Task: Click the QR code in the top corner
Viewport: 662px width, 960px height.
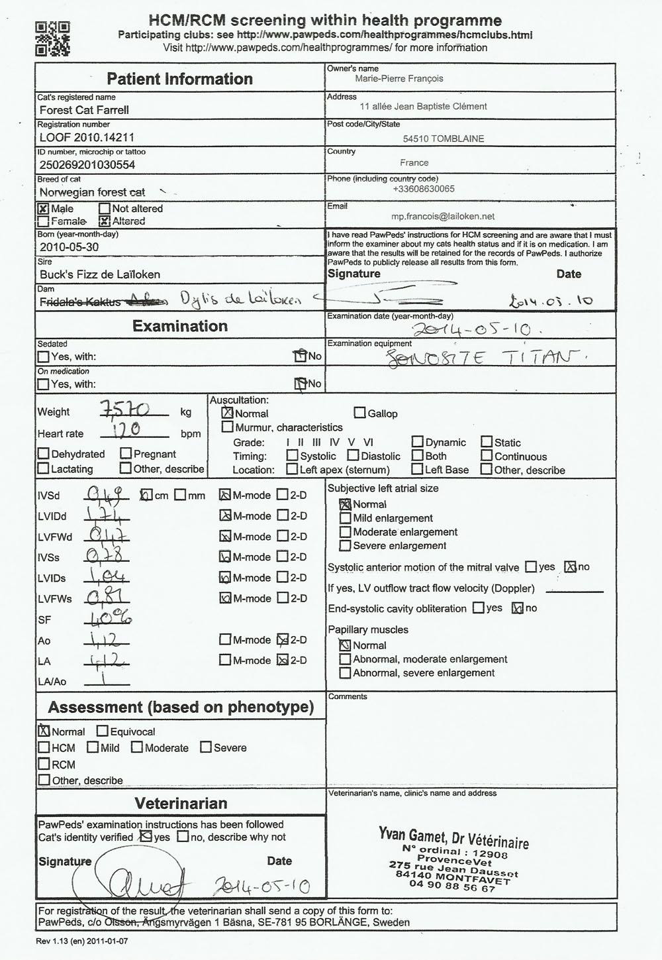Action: (52, 38)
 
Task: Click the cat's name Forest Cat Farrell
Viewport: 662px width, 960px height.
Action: (84, 110)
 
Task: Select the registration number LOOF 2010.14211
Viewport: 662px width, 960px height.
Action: (87, 137)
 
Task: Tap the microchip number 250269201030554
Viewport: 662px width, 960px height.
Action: (87, 165)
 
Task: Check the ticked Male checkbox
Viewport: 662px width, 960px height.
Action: (44, 209)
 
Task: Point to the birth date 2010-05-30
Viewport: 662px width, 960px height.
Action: (69, 247)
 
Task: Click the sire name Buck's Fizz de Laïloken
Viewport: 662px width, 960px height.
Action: (100, 274)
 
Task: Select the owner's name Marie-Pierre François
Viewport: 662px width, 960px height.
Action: (399, 79)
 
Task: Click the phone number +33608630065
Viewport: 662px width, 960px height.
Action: (424, 189)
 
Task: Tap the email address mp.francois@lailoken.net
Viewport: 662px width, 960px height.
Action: (443, 216)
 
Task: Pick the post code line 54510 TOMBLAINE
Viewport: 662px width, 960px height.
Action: (444, 139)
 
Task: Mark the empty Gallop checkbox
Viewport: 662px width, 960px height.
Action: (359, 413)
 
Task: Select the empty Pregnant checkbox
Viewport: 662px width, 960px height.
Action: (126, 454)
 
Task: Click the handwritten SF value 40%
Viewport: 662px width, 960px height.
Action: (110, 619)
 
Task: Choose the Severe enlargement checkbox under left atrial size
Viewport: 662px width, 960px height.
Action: (345, 546)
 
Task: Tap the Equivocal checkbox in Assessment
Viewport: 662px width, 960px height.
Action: (103, 731)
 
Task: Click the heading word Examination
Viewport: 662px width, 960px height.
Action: (180, 326)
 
